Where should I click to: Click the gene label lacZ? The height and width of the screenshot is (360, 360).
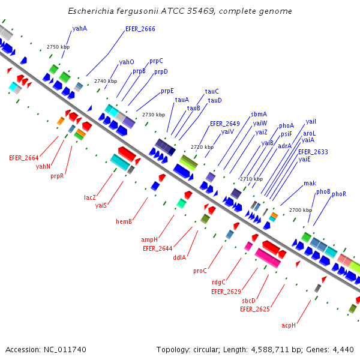pos(90,197)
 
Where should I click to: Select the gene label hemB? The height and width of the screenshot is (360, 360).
pos(124,221)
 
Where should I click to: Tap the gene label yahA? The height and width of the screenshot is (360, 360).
pos(79,28)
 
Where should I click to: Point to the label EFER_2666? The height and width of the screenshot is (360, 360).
pos(140,29)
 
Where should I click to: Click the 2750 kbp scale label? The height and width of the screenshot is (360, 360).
pos(58,47)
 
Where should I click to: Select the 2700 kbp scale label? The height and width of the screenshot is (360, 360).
pos(301,210)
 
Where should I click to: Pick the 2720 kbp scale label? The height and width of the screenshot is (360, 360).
pos(202,147)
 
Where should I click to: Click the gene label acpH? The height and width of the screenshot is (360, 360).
pos(289,325)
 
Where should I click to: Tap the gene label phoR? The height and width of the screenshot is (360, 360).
pos(339,194)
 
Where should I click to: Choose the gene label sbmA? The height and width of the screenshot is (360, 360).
pos(259,114)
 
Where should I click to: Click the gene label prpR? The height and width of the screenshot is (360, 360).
pos(57,176)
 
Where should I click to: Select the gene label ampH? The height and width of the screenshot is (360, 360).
pos(149,239)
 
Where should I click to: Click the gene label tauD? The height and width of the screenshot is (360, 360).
pos(215,100)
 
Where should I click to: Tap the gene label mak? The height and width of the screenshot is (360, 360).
pos(310,183)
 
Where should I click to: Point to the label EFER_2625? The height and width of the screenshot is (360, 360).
pos(254,309)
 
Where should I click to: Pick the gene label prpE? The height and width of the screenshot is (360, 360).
pos(167,91)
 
